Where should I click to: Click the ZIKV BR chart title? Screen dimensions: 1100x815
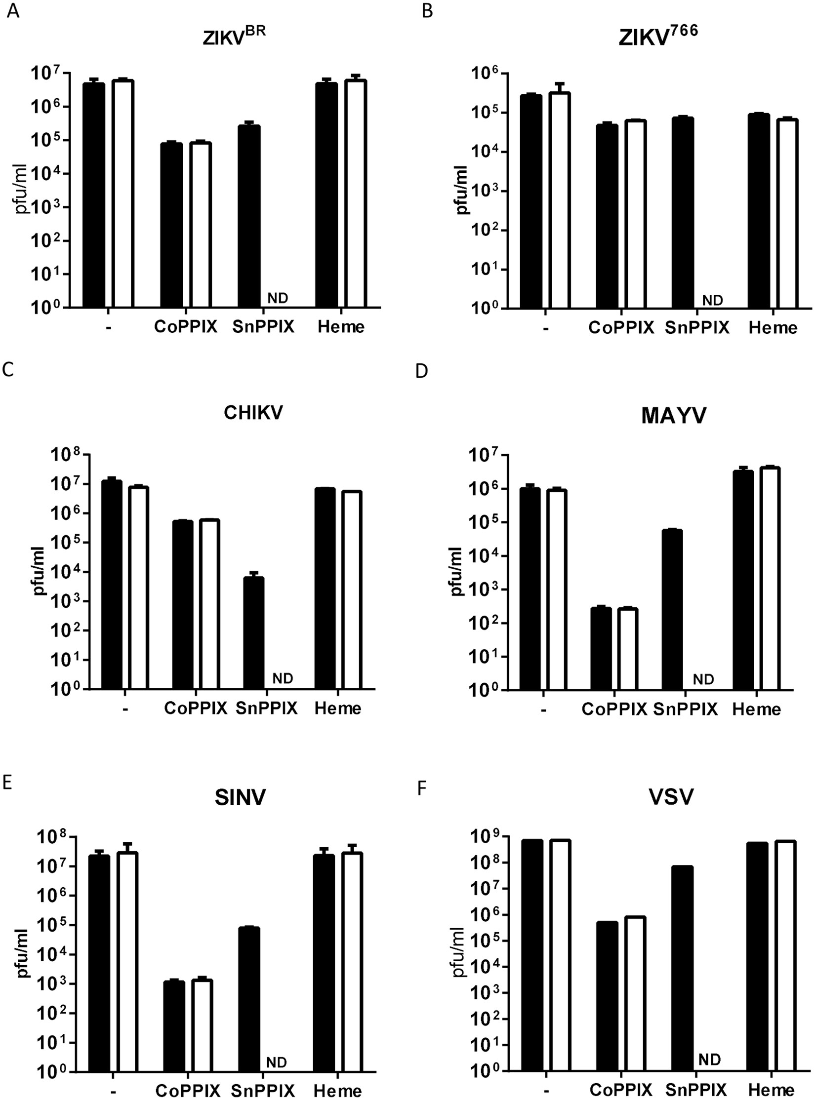click(234, 38)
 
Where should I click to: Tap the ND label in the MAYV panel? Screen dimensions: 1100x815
click(703, 680)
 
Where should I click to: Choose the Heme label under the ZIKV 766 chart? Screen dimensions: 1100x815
click(773, 328)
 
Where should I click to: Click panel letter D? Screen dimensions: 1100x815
click(421, 371)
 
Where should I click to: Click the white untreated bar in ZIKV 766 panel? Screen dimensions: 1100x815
click(560, 200)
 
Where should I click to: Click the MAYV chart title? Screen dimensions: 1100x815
click(674, 416)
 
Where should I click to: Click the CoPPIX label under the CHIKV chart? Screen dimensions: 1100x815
click(196, 708)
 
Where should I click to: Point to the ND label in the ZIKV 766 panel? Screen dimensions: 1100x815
click(712, 300)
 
